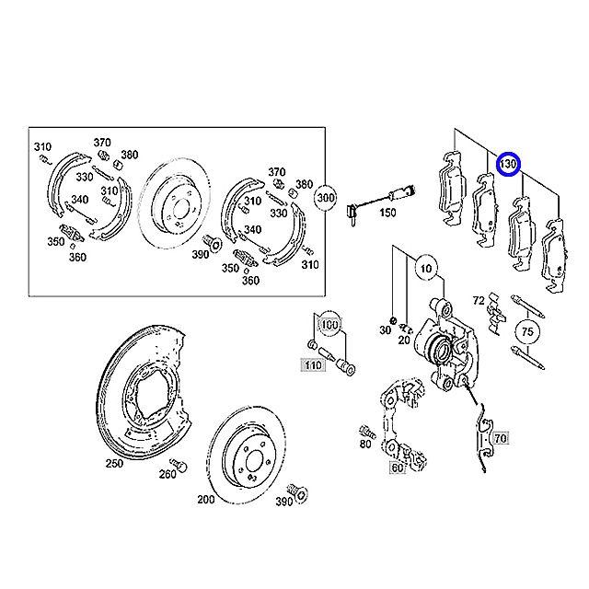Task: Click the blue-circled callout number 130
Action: pos(508,165)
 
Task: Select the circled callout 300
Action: pos(325,198)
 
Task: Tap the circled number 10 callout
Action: pos(426,269)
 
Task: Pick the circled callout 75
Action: pos(527,331)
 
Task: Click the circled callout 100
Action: pos(329,324)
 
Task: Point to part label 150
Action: pos(387,213)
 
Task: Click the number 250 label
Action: pos(114,463)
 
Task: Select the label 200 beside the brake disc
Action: pos(206,499)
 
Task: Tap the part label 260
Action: pos(167,474)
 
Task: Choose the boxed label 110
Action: pos(313,364)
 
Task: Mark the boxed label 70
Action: pos(501,438)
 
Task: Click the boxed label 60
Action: pos(397,468)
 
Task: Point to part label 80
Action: pos(365,444)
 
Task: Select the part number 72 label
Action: pos(479,301)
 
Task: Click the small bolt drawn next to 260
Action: pos(179,465)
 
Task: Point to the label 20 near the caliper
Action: pos(404,341)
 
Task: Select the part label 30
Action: pos(386,330)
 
